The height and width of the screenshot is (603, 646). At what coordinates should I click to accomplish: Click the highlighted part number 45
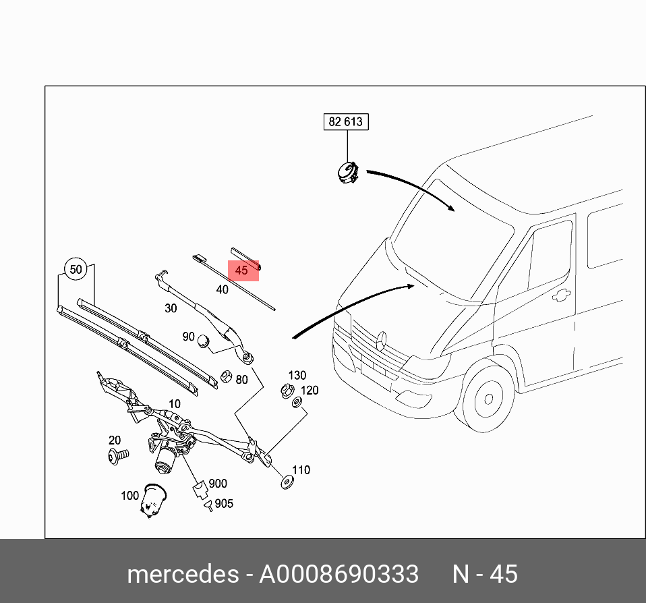242,270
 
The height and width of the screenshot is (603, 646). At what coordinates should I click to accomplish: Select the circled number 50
76,270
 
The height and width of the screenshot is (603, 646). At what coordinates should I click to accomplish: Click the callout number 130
297,375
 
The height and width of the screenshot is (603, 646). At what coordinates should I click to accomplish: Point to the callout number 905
224,504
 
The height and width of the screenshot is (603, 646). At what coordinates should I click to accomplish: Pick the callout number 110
301,469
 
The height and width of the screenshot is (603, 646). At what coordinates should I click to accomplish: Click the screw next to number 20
117,457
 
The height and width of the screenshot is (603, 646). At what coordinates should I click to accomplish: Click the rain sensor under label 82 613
348,172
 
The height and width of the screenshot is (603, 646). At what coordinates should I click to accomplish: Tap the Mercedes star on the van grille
380,339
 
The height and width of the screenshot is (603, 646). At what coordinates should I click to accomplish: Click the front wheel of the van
486,399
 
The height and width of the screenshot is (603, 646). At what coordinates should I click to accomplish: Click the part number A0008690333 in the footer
339,574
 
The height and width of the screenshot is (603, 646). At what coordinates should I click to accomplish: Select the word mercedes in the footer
182,574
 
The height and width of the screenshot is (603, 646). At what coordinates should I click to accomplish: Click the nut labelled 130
285,389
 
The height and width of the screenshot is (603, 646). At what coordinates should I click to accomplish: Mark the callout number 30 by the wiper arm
171,308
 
